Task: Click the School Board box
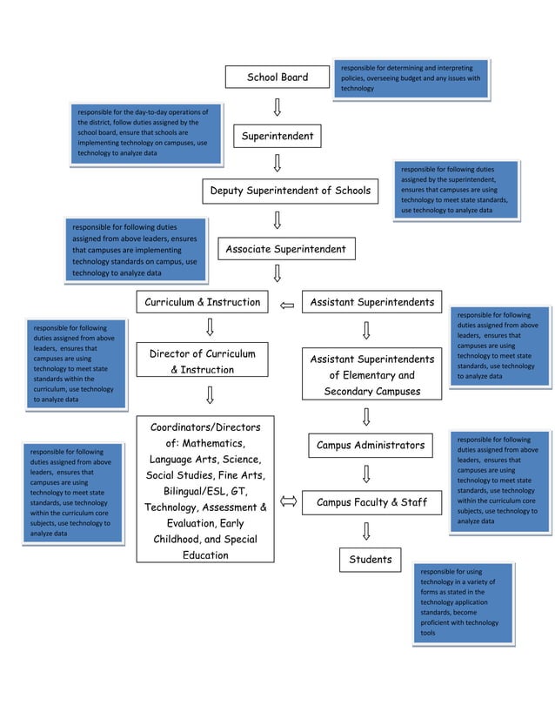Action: [x=277, y=77]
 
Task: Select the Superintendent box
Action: [x=277, y=137]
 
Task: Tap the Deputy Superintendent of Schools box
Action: [x=290, y=191]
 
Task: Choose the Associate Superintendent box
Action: [x=285, y=250]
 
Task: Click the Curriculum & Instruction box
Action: [x=203, y=303]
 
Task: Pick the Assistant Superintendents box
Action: [x=371, y=303]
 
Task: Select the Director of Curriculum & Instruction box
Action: [x=203, y=362]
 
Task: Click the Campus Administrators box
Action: [x=371, y=446]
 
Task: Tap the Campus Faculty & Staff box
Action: [x=371, y=502]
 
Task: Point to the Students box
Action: [x=371, y=560]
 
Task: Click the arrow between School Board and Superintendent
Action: [x=277, y=107]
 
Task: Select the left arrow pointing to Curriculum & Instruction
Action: [x=288, y=305]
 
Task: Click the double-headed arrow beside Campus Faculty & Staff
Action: [x=288, y=502]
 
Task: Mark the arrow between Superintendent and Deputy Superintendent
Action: [x=277, y=163]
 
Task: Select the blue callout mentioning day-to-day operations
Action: [x=145, y=133]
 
